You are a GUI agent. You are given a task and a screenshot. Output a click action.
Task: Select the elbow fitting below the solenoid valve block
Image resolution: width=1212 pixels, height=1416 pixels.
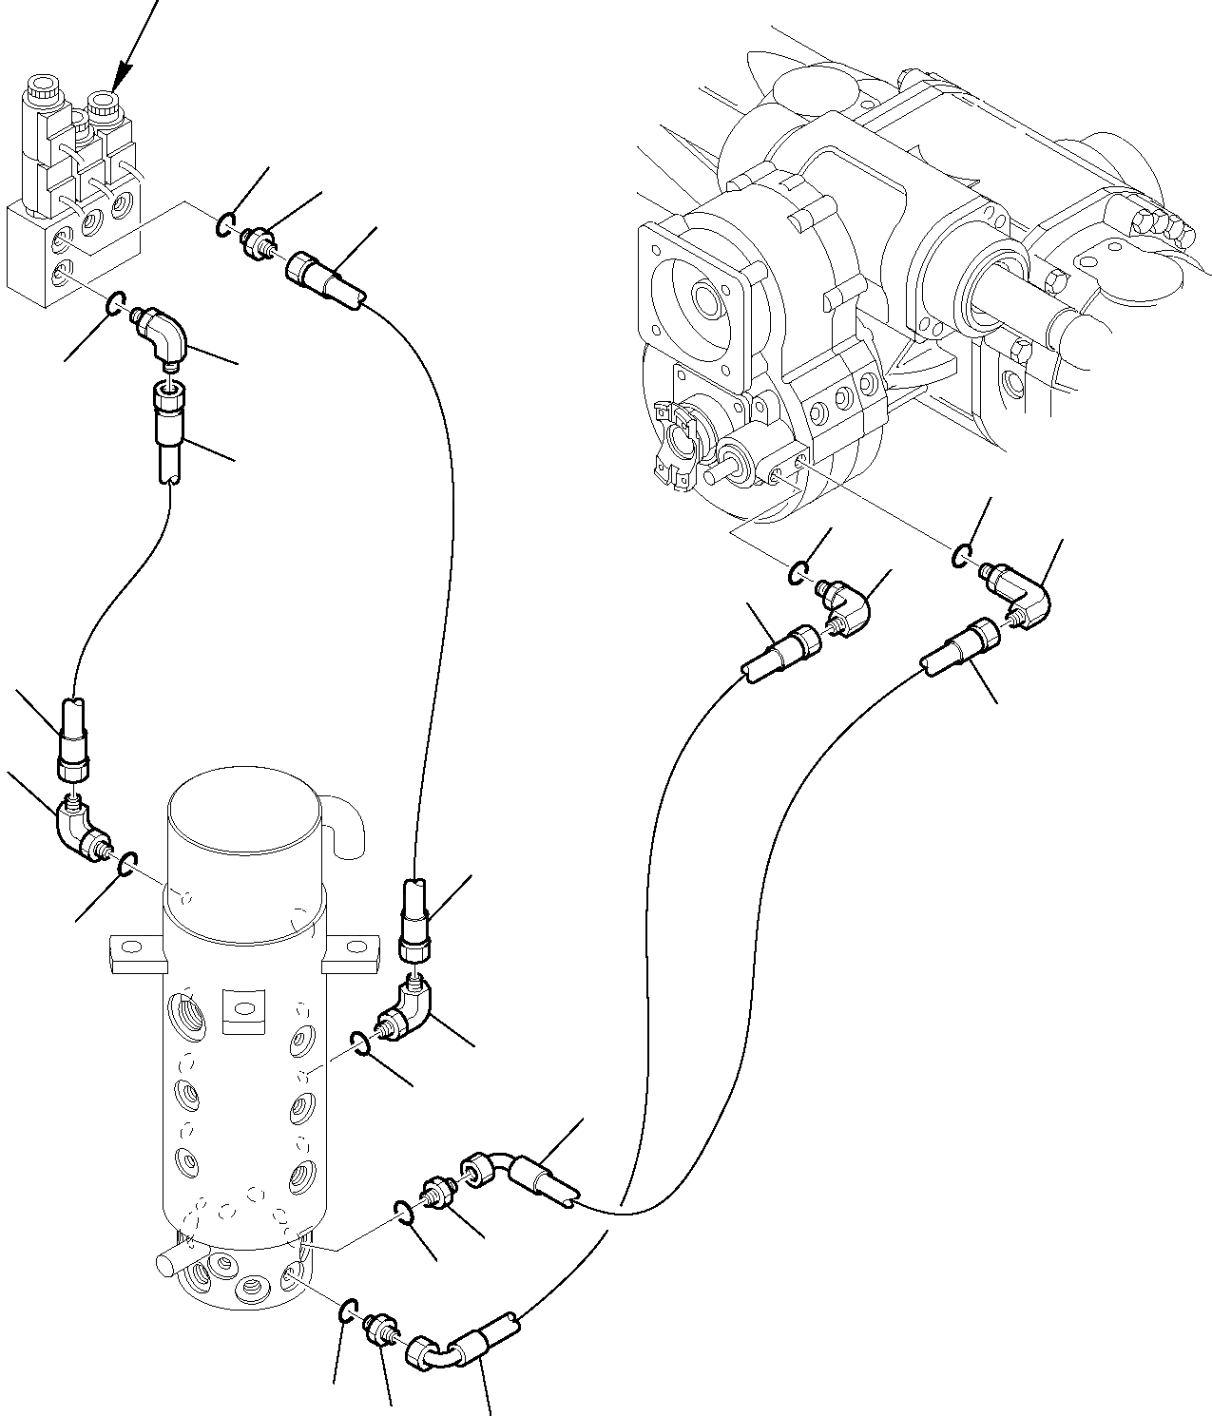(x=163, y=335)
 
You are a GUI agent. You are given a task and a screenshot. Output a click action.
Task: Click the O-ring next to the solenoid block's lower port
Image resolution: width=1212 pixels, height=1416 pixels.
(x=114, y=303)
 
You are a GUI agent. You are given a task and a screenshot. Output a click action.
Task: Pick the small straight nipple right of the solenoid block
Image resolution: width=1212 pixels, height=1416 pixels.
(x=256, y=242)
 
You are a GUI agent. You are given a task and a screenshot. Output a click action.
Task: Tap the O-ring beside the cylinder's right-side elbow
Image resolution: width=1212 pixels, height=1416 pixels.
(x=358, y=1043)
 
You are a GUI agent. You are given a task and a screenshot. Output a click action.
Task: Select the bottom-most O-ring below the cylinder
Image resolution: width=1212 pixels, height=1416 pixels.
(x=349, y=1312)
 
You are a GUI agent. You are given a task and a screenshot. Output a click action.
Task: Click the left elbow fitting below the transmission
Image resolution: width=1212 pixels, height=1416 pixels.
(x=845, y=608)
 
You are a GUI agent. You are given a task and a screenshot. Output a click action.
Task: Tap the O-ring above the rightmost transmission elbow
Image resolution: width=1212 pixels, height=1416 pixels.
(x=963, y=556)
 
